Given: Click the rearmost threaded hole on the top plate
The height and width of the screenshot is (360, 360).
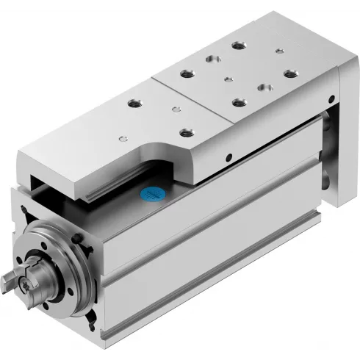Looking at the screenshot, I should pos(237,46).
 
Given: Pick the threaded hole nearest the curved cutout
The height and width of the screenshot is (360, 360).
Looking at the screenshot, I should pos(184,133).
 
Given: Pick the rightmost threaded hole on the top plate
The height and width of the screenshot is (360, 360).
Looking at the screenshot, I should pos(289,73).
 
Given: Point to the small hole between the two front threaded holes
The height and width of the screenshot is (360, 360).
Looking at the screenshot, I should pos(174,110).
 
